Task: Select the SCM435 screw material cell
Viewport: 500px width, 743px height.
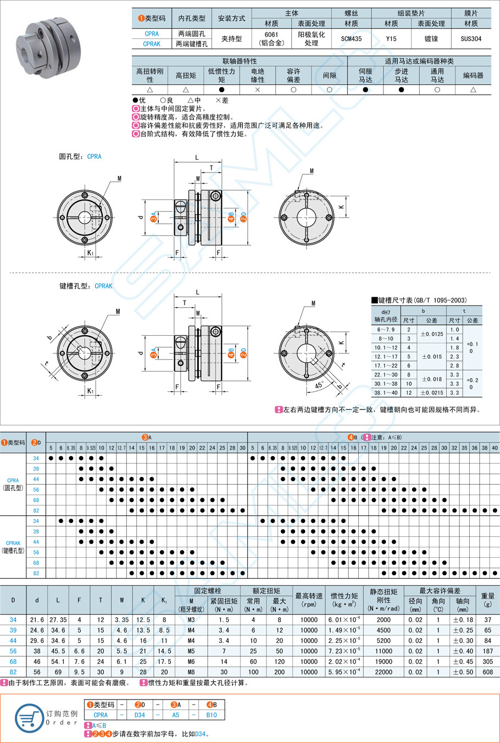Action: tap(351, 39)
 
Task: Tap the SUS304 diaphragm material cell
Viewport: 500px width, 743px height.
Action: tap(471, 39)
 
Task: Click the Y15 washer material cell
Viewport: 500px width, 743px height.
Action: tap(391, 39)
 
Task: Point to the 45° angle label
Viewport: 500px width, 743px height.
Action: tap(319, 386)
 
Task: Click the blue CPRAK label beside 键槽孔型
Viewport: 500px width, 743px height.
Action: tap(103, 286)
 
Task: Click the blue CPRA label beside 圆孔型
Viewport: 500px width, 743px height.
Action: tap(95, 157)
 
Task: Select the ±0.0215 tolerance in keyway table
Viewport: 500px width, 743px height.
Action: tap(431, 392)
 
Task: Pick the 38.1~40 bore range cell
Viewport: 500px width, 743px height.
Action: tap(386, 392)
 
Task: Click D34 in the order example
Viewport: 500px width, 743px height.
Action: tap(140, 715)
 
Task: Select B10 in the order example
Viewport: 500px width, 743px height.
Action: tap(212, 715)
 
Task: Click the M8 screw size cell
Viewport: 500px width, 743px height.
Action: tap(191, 672)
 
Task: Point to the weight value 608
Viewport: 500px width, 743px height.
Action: tap(487, 672)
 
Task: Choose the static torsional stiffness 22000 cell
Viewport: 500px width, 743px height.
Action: tap(384, 672)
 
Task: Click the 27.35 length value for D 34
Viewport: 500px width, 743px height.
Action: tap(58, 620)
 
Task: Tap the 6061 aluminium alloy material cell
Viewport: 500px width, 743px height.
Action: tap(271, 38)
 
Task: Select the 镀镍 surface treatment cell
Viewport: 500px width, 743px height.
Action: tap(431, 39)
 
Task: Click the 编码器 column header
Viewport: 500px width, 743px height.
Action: tap(473, 75)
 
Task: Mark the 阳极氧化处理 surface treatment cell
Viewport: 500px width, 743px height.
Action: tap(312, 38)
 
